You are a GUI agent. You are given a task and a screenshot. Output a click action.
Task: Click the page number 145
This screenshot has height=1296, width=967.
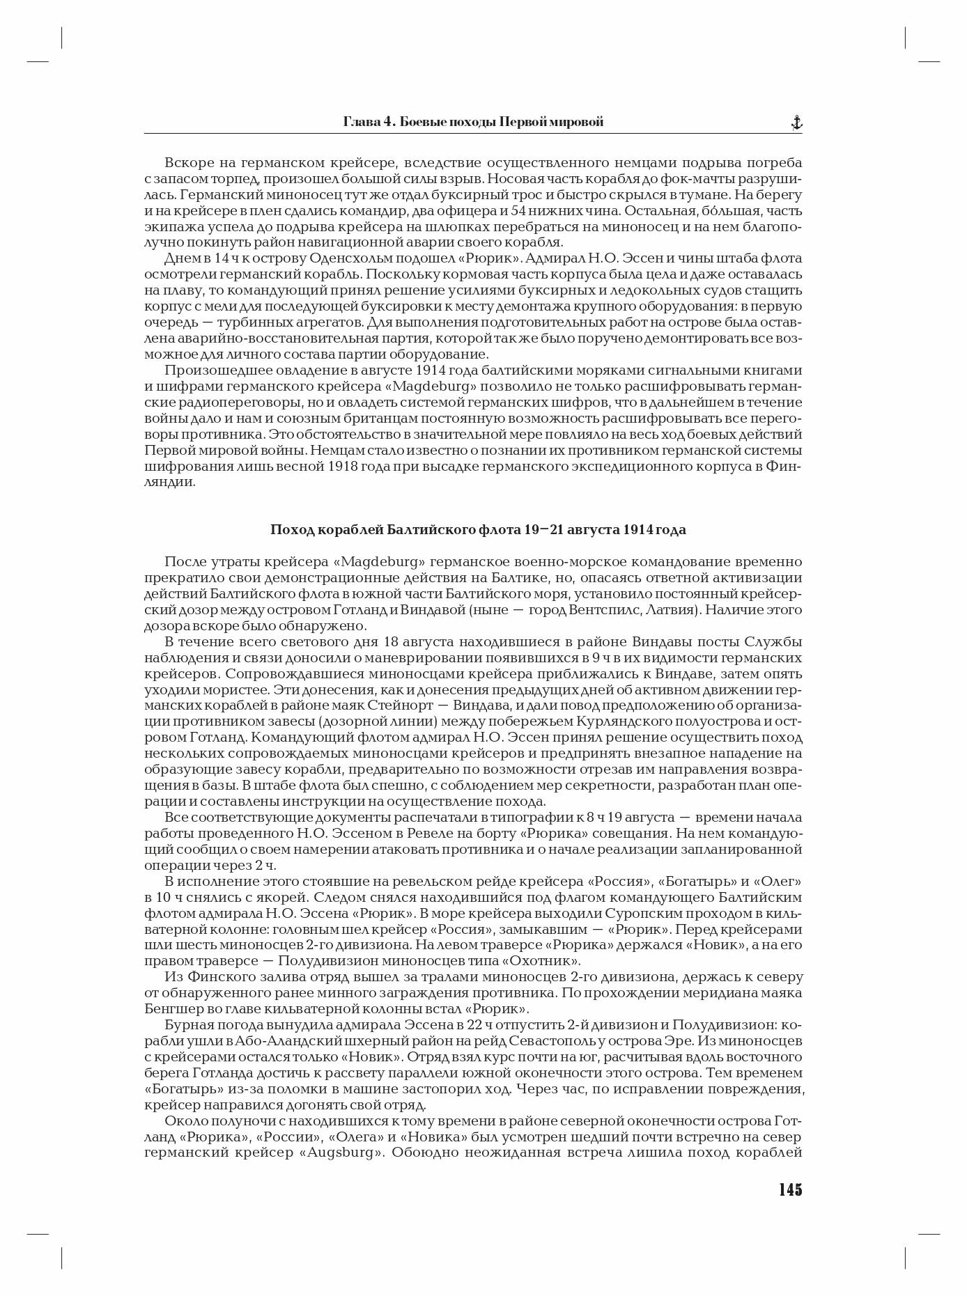click(x=790, y=1189)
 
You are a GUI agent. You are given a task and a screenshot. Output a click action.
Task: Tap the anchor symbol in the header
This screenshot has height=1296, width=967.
click(x=796, y=123)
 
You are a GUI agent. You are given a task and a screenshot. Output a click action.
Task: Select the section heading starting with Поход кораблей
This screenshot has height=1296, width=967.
click(x=478, y=530)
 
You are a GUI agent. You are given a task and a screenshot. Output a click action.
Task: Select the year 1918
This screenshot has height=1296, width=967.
click(x=343, y=466)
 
